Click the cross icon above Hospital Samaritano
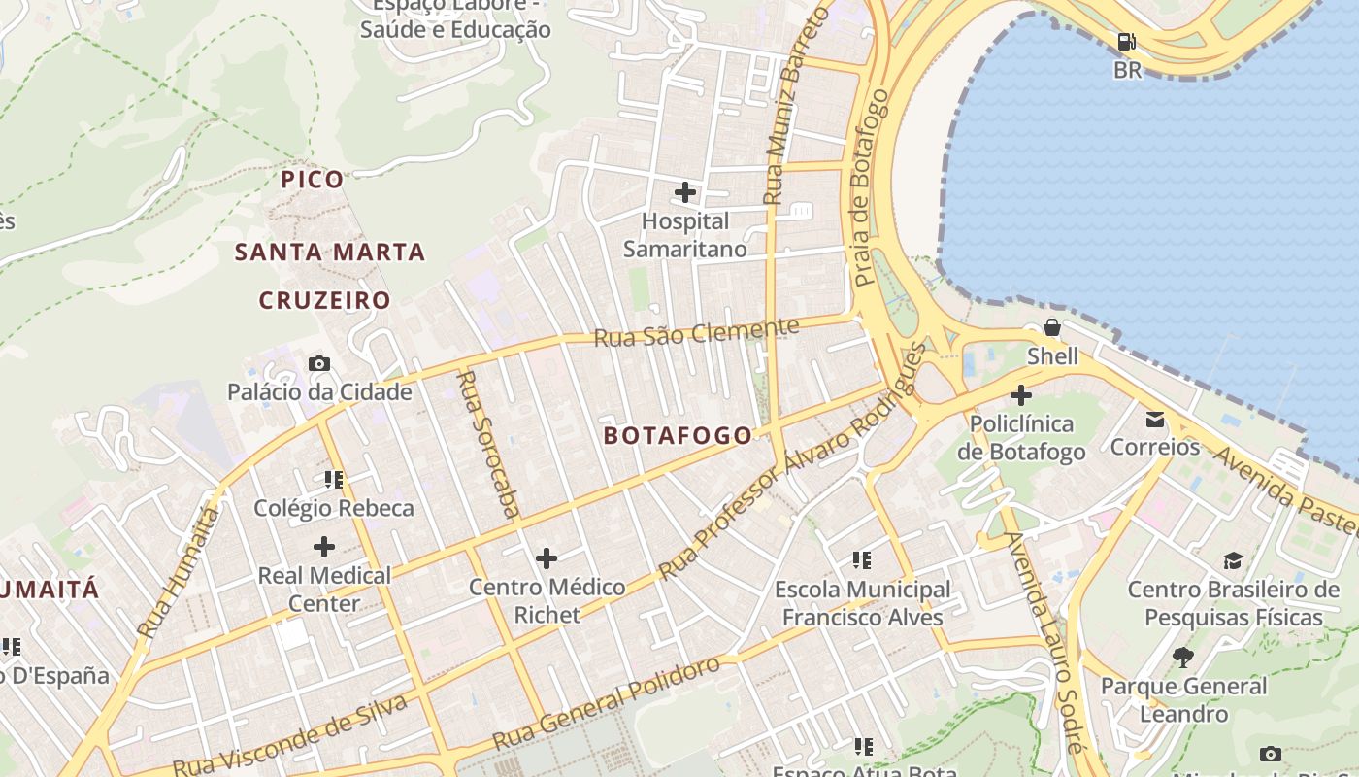pos(685,192)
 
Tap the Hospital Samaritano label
pos(684,235)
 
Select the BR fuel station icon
pos(1126,42)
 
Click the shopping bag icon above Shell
pos(1051,327)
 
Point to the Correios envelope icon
pos(1155,420)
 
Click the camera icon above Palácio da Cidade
pos(319,364)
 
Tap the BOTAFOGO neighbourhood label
pos(678,435)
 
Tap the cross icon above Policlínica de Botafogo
pos(1020,395)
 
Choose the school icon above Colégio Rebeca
pos(334,479)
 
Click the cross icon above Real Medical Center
pos(324,547)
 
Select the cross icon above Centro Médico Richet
pos(547,558)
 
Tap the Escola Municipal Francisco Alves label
pos(862,603)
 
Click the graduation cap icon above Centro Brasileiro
pos(1233,560)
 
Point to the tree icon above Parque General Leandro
pos(1182,658)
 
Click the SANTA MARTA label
pos(330,253)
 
